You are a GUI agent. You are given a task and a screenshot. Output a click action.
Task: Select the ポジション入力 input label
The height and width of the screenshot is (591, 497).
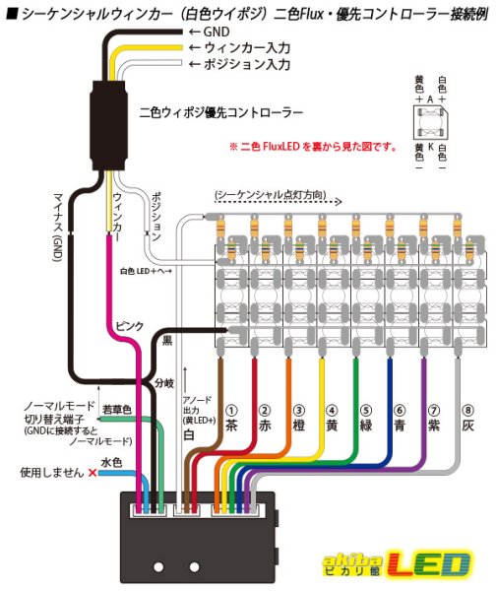245,65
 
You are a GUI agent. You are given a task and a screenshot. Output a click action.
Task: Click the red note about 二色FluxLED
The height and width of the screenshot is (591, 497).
312,147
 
